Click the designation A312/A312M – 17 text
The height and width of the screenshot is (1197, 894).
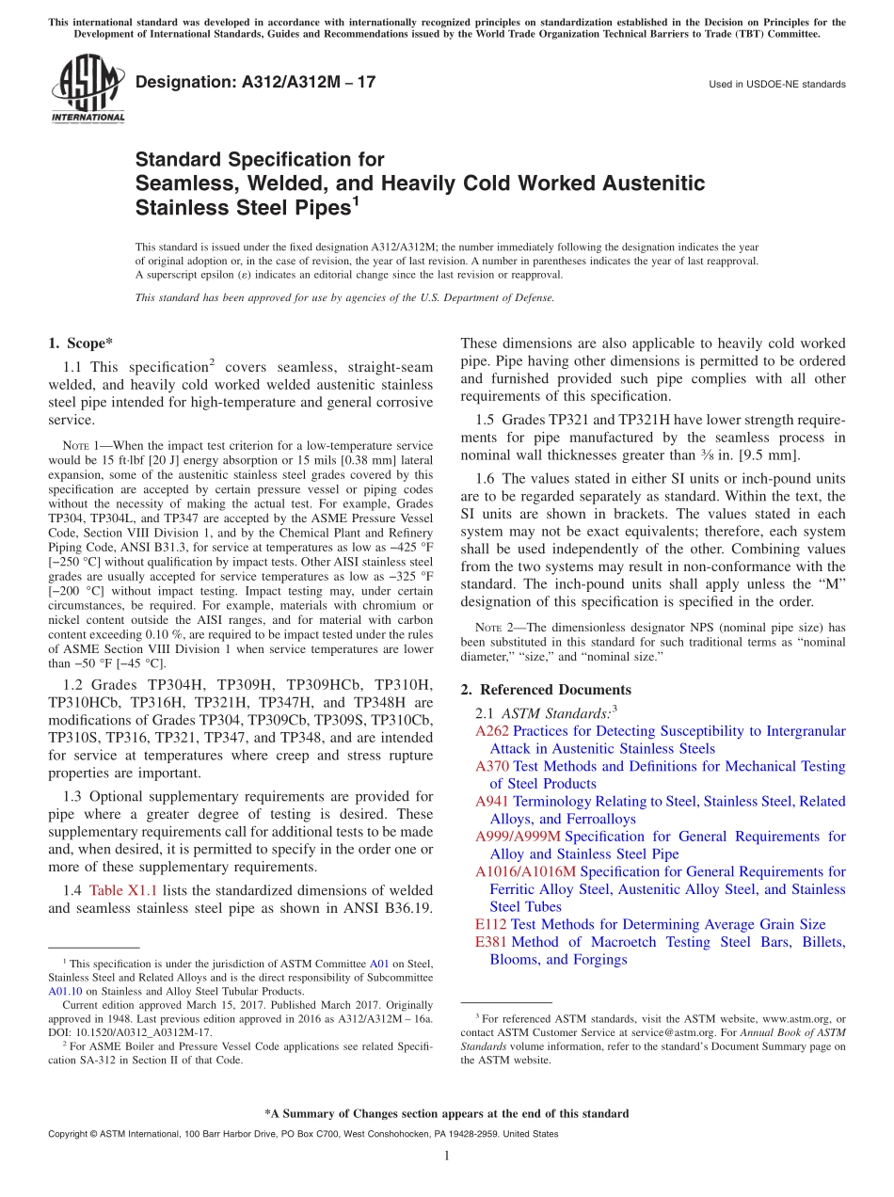[255, 83]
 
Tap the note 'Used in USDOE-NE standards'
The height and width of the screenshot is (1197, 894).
[776, 85]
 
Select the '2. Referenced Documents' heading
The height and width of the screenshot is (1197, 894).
[546, 690]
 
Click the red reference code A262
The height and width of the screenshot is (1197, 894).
[491, 731]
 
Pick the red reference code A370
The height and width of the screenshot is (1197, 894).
[491, 766]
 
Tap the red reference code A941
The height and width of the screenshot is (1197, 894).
[491, 802]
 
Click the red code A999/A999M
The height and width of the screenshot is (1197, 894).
[518, 837]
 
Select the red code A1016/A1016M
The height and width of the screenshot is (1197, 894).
[525, 871]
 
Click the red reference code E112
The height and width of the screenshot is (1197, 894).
[490, 924]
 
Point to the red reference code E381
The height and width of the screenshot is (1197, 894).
[490, 942]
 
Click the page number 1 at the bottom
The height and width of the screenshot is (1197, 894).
[447, 1157]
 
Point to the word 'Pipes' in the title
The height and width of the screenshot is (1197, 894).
[318, 207]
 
